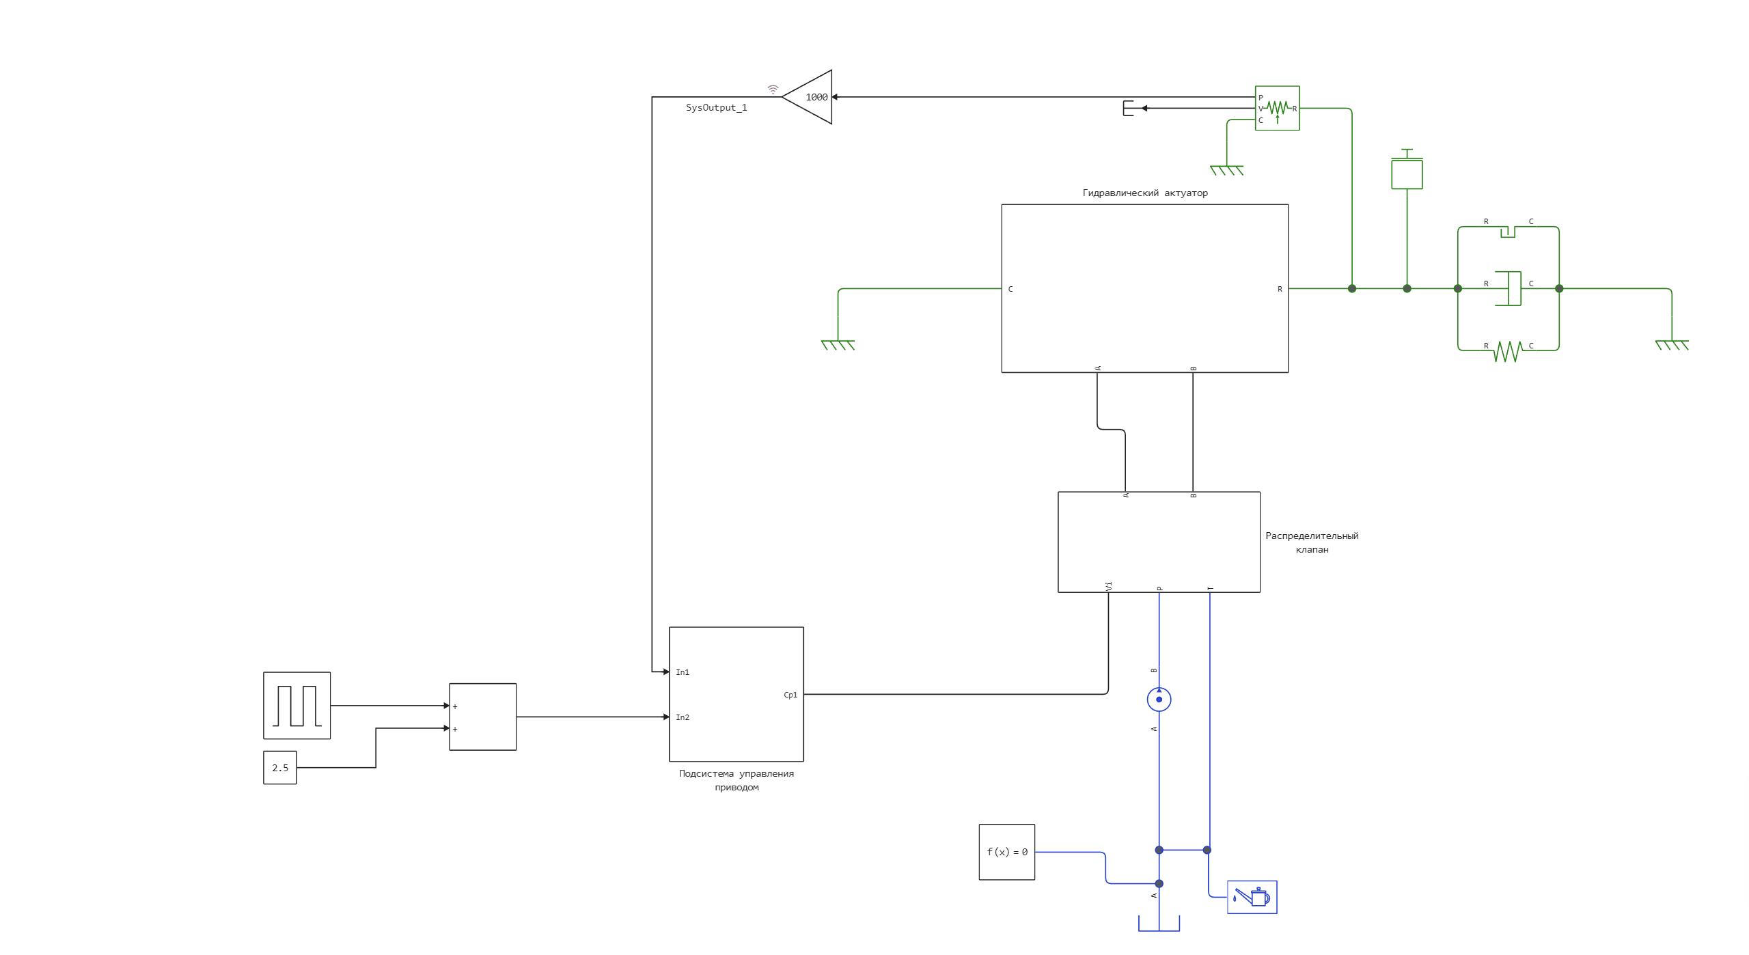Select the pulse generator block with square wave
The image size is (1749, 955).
[297, 706]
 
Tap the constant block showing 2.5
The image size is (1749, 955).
[280, 768]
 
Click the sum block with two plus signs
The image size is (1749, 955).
[482, 717]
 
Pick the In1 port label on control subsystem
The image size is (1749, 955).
[683, 672]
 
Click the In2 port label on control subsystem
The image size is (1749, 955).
[683, 717]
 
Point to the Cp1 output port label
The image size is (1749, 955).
[790, 695]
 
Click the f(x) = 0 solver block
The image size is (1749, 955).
[1006, 852]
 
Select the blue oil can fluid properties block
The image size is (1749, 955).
[1252, 897]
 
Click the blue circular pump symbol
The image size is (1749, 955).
[1159, 700]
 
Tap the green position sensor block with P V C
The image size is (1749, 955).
[1277, 108]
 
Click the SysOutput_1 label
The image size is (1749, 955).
[716, 108]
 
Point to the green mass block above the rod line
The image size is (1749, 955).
[1407, 174]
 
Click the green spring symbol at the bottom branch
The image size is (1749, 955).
[1508, 351]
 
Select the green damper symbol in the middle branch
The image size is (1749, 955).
[1509, 288]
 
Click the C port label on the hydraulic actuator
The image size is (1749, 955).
[1010, 289]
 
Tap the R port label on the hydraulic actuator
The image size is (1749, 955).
[1280, 289]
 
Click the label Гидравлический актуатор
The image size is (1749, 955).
[1144, 193]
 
